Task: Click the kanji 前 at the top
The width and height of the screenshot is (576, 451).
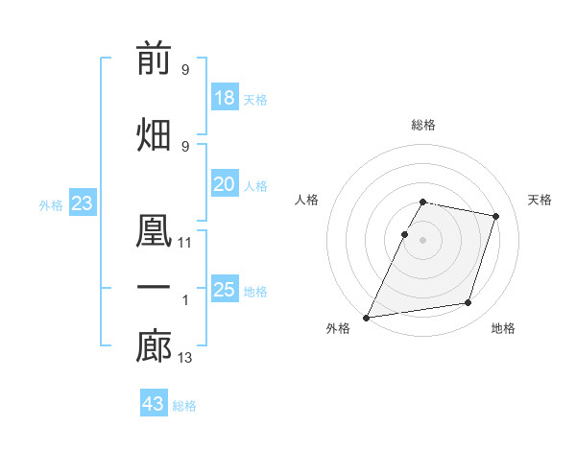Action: click(x=154, y=58)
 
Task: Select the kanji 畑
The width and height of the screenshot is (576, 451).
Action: click(x=154, y=134)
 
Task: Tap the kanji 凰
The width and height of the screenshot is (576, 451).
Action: click(x=154, y=230)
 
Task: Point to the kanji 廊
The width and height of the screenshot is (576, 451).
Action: click(x=154, y=346)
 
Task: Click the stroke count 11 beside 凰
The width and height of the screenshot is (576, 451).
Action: click(x=184, y=243)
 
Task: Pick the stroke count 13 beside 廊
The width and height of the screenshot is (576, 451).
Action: click(x=184, y=358)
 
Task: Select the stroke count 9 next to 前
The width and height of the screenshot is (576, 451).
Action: click(x=185, y=70)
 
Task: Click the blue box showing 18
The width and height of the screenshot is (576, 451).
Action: click(x=225, y=97)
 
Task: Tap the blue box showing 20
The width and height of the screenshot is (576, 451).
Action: click(x=225, y=183)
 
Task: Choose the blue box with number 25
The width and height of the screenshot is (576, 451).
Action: click(x=225, y=288)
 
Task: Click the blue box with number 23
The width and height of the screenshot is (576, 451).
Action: click(x=83, y=202)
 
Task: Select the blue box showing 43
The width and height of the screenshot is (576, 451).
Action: click(x=154, y=402)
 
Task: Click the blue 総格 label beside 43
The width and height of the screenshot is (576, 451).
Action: click(x=184, y=406)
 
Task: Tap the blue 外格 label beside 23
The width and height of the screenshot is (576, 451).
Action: click(x=51, y=205)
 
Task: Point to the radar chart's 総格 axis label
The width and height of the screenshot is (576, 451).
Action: click(x=423, y=125)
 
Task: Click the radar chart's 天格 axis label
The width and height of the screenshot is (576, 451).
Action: click(x=540, y=200)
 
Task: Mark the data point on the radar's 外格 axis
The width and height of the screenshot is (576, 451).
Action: click(x=367, y=318)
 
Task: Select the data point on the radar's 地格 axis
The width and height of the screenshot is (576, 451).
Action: click(x=468, y=302)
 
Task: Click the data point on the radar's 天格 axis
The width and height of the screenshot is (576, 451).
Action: click(x=495, y=216)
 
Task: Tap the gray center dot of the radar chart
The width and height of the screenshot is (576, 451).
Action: click(x=422, y=240)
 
